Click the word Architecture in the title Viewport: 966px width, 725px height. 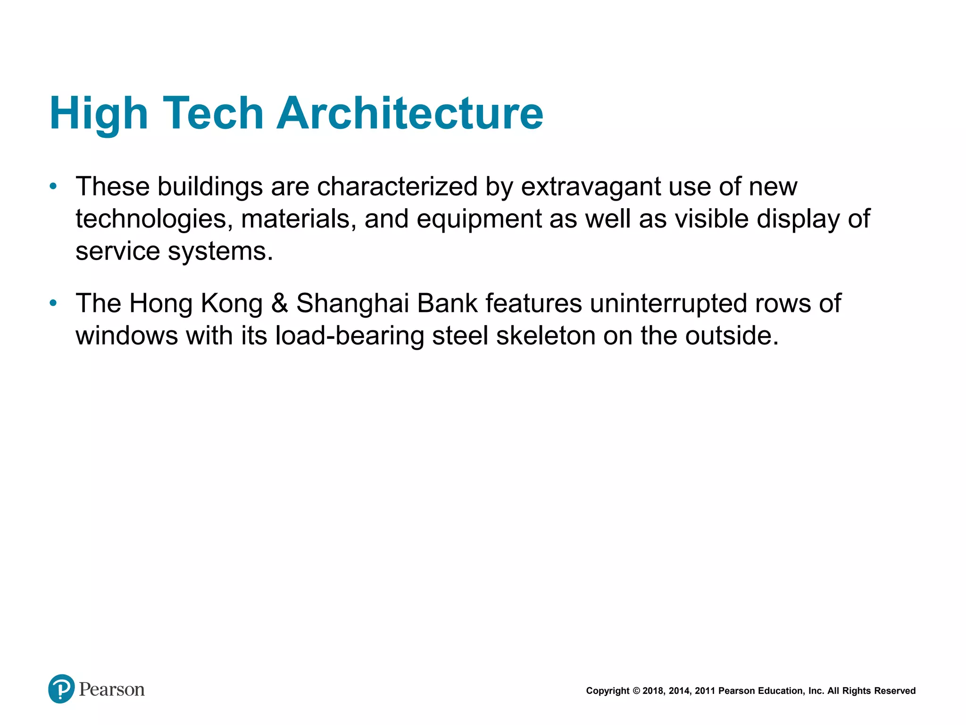(409, 113)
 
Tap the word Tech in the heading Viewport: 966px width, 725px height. (213, 113)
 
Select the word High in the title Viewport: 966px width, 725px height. (99, 113)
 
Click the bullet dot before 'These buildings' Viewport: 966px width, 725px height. (53, 186)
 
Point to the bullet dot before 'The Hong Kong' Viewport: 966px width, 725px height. (53, 303)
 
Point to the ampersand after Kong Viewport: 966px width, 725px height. (279, 303)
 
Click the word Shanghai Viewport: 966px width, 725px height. (352, 303)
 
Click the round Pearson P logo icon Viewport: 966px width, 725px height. (61, 689)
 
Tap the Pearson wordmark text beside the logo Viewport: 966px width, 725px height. (112, 690)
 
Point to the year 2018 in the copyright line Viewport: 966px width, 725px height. (653, 691)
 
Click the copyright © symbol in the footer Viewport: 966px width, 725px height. (636, 691)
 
